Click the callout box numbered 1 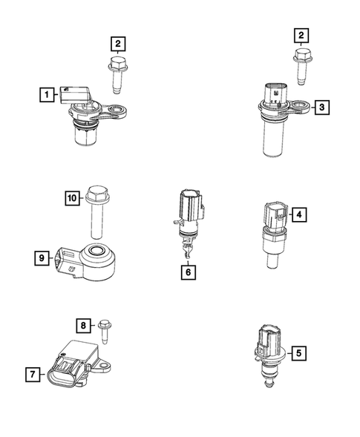[x=47, y=94]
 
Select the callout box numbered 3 [x=321, y=108]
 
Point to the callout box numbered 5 [x=298, y=354]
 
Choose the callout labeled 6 [x=188, y=272]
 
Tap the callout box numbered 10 [x=71, y=198]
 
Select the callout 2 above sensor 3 [x=301, y=35]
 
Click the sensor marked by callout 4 [x=275, y=230]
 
